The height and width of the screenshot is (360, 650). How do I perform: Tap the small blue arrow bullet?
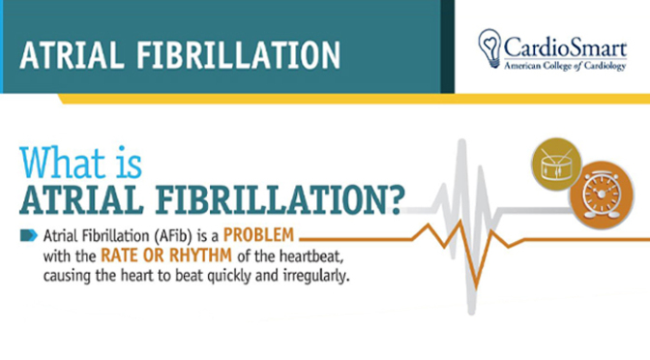[x=30, y=235]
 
